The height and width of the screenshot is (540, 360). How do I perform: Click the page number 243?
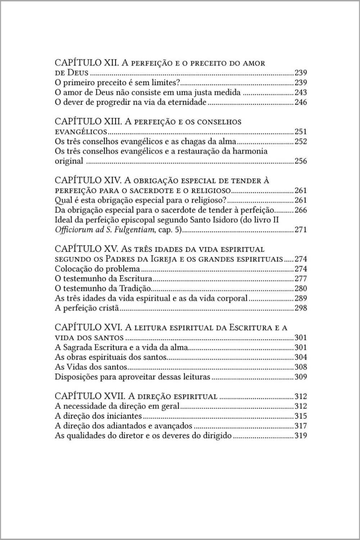(x=301, y=93)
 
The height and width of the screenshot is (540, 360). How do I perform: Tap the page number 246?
(x=301, y=102)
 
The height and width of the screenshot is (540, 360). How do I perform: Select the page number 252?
(x=301, y=141)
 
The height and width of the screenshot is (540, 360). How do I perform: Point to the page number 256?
(x=301, y=161)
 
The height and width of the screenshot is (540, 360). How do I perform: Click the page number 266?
(x=301, y=210)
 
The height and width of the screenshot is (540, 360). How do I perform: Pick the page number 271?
(x=301, y=230)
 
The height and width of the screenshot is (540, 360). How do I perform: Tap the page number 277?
(x=301, y=279)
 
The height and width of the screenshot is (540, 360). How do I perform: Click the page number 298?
(x=301, y=308)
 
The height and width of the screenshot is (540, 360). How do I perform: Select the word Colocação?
(x=74, y=269)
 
